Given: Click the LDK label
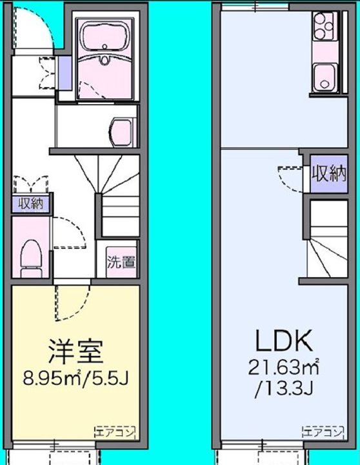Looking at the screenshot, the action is click(284, 342).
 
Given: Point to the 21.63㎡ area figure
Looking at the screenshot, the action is click(284, 368).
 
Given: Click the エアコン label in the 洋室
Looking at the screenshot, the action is click(115, 432).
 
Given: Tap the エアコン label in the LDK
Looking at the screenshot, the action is click(324, 432).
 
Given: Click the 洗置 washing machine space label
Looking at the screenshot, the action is click(121, 262).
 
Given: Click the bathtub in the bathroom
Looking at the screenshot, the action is click(105, 38).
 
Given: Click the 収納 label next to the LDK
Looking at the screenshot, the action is click(329, 174).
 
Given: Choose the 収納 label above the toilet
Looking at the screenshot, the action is click(31, 204).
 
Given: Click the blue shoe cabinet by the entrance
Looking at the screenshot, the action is click(65, 73).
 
